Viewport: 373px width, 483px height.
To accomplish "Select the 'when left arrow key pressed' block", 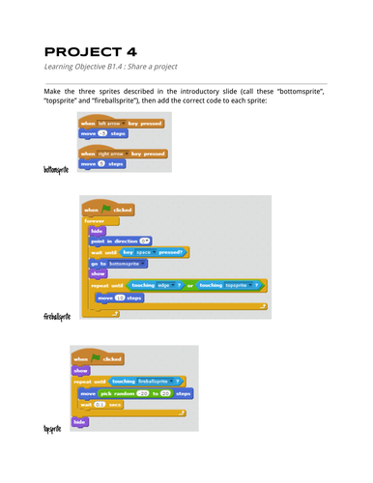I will (121, 124).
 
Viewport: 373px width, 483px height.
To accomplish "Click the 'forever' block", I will (97, 220).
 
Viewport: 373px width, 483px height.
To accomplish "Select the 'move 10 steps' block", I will (120, 298).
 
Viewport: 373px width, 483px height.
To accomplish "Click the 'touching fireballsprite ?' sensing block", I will (151, 381).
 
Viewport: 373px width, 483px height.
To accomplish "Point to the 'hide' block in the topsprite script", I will (80, 422).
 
